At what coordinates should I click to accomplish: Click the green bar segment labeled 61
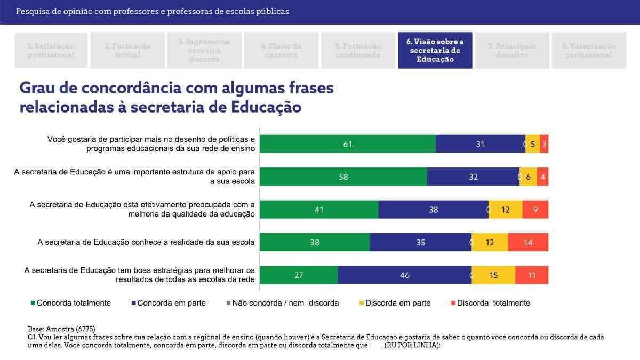pyautogui.click(x=348, y=144)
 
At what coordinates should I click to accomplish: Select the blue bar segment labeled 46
pyautogui.click(x=404, y=275)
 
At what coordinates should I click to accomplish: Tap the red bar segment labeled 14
pyautogui.click(x=527, y=243)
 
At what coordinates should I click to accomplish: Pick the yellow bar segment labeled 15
pyautogui.click(x=493, y=275)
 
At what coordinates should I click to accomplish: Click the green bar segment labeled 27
pyautogui.click(x=299, y=275)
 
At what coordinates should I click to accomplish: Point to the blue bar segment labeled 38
pyautogui.click(x=433, y=210)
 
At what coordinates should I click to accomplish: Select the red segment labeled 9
pyautogui.click(x=535, y=210)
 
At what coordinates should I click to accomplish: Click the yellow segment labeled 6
pyautogui.click(x=528, y=177)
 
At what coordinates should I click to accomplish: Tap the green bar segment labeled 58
pyautogui.click(x=343, y=177)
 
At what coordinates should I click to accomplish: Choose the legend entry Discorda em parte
pyautogui.click(x=397, y=303)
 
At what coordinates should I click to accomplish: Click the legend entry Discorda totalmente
pyautogui.click(x=493, y=303)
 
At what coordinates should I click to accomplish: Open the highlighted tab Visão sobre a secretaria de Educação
pyautogui.click(x=435, y=50)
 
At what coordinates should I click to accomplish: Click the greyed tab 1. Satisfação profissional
pyautogui.click(x=51, y=50)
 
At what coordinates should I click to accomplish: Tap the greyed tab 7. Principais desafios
pyautogui.click(x=511, y=50)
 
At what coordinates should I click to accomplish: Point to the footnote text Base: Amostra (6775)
pyautogui.click(x=61, y=329)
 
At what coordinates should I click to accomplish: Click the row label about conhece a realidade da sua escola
pyautogui.click(x=146, y=242)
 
